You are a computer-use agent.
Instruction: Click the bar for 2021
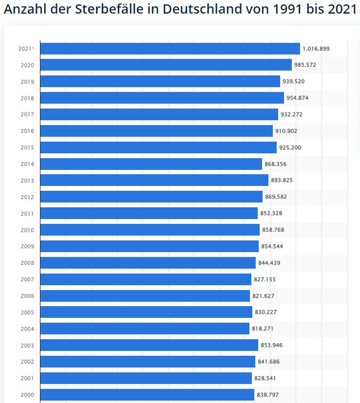pyautogui.click(x=170, y=49)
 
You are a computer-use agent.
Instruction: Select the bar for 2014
pyautogui.click(x=151, y=164)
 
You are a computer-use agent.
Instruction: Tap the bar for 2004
pyautogui.click(x=145, y=329)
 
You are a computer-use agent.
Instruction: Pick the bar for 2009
pyautogui.click(x=149, y=246)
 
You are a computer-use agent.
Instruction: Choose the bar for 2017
pyautogui.click(x=159, y=114)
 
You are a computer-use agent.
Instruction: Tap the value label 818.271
pyautogui.click(x=263, y=329)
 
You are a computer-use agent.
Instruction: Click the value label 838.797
pyautogui.click(x=268, y=395)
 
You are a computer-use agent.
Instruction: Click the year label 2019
pyautogui.click(x=27, y=82)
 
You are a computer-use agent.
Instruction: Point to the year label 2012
pyautogui.click(x=27, y=197)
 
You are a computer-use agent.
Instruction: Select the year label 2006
pyautogui.click(x=27, y=296)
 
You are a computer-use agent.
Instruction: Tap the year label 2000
pyautogui.click(x=27, y=395)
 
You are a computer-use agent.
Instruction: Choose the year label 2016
pyautogui.click(x=27, y=131)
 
